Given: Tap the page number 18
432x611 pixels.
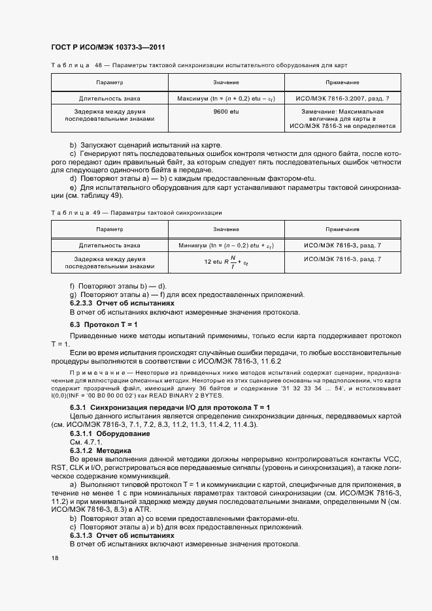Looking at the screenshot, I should (55, 559).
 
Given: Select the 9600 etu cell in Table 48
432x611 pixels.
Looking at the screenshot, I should (225, 112).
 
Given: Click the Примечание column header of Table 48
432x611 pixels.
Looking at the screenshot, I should (342, 83).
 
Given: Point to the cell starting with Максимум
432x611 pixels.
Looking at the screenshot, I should (225, 98).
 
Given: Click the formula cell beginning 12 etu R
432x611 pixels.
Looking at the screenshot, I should (225, 262).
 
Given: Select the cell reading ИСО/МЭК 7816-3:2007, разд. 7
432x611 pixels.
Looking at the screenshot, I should (342, 98).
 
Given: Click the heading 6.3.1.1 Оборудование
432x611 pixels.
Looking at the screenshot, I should (110, 433).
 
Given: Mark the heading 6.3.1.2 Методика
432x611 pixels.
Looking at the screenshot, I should (101, 450).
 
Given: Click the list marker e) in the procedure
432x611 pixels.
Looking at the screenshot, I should (73, 187).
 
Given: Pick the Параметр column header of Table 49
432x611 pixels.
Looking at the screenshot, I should (109, 230).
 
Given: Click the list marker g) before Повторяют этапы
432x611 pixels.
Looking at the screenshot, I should (73, 295).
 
